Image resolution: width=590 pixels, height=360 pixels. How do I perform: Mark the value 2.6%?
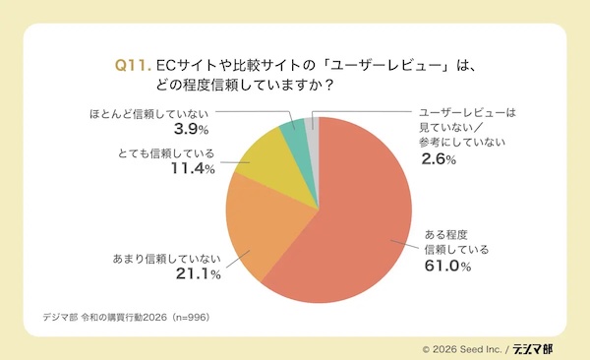438,159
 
